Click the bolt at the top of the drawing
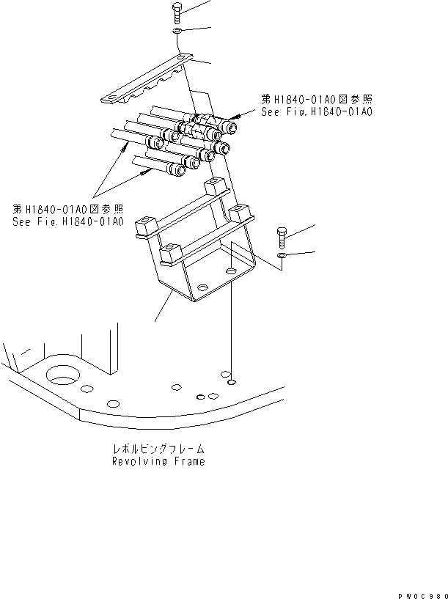point(178,12)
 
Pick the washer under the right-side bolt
point(283,256)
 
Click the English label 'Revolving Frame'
point(158,461)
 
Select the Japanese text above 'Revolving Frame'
point(158,449)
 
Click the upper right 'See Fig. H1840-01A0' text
point(316,111)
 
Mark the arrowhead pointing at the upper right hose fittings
point(232,117)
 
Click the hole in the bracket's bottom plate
point(232,272)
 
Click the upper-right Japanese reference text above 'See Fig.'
point(316,98)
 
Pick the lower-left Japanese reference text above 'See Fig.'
point(67,207)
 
